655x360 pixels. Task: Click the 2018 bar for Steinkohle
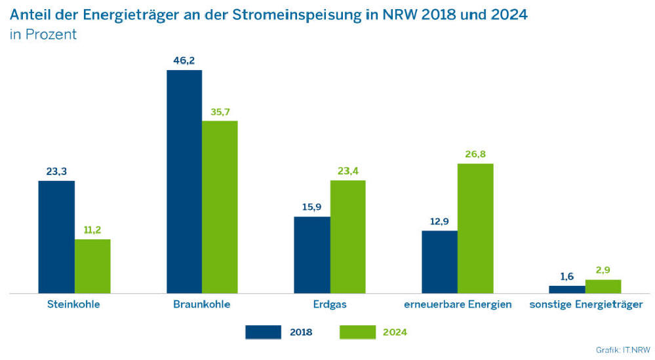coord(56,237)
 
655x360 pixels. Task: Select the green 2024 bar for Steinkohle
coord(92,266)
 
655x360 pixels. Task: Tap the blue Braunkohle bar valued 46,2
coord(184,182)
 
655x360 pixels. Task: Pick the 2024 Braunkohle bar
coord(220,207)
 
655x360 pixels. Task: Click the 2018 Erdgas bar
coord(311,254)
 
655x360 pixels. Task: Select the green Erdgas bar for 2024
coord(347,237)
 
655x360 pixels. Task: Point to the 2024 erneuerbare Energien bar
coord(475,228)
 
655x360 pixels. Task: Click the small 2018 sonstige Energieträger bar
coord(566,289)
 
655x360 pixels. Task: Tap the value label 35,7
coord(220,111)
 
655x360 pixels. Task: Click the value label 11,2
coord(92,230)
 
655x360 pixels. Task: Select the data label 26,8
coord(475,154)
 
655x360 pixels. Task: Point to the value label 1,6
coord(566,276)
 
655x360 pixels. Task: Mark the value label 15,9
coord(311,207)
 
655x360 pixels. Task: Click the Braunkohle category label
coord(202,304)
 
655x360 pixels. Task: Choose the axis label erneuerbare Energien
coord(458,304)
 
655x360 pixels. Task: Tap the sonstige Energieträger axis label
coord(585,304)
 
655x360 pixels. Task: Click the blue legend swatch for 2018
coord(264,332)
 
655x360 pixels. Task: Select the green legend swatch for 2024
coord(357,332)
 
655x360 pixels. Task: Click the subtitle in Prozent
coord(43,35)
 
